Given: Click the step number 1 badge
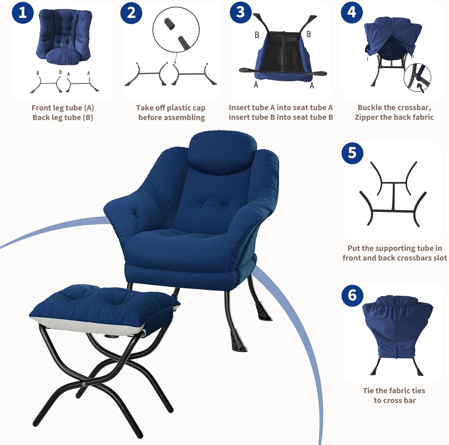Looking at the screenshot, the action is point(22,13).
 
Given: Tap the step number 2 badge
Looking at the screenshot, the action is point(131,13).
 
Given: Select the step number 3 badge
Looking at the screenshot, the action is point(240,12).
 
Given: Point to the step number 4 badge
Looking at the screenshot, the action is point(352,12).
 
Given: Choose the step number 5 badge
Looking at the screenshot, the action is point(352,153).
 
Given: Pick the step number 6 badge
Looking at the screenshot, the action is point(352,295).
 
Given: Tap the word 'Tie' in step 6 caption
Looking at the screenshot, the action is point(368,391).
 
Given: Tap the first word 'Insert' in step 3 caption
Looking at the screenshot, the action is point(238,107).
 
